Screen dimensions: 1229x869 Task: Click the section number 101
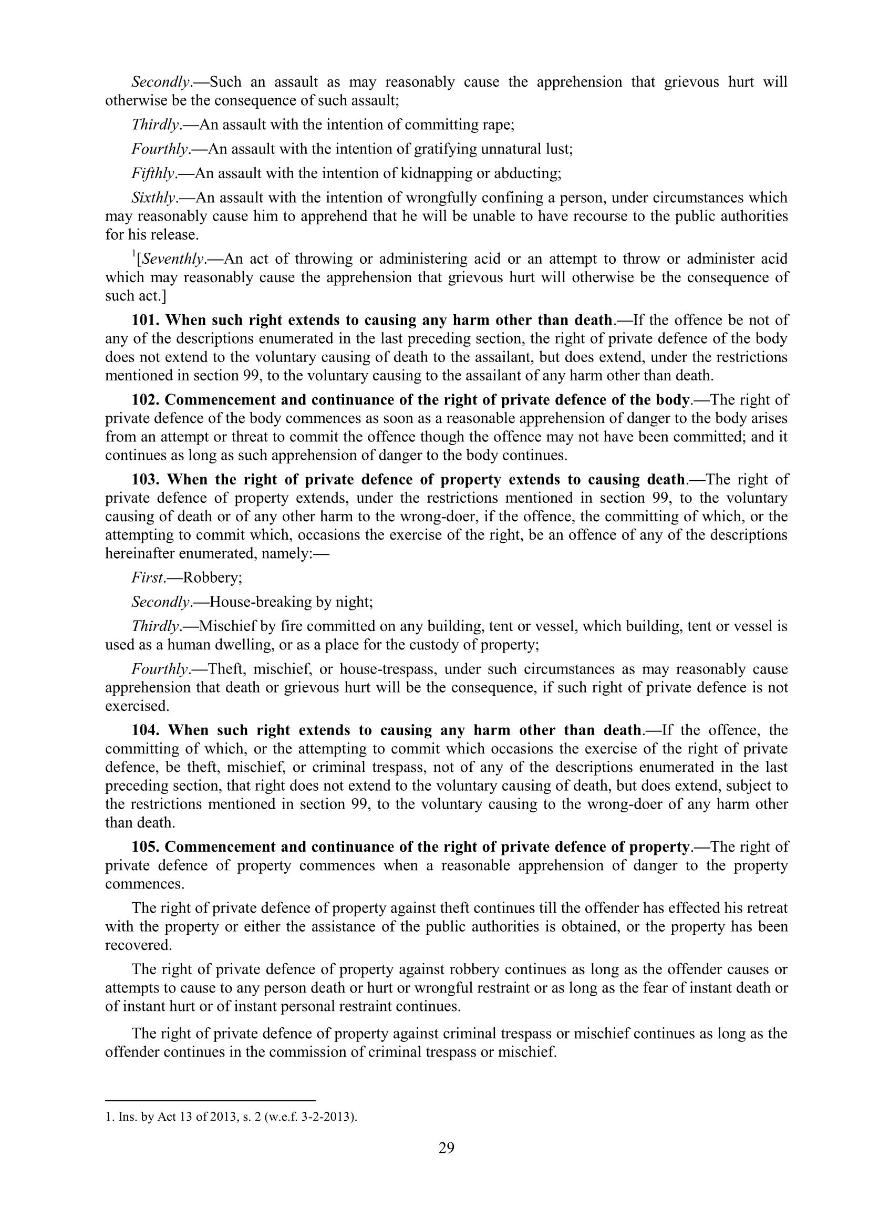click(146, 320)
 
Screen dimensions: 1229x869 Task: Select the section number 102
click(146, 400)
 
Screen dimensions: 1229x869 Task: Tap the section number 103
click(146, 480)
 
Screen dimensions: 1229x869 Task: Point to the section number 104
click(146, 731)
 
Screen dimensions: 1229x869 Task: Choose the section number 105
click(146, 848)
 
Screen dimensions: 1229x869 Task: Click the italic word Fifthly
click(153, 173)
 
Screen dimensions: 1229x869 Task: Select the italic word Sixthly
click(153, 198)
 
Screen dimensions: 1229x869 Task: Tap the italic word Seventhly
click(173, 259)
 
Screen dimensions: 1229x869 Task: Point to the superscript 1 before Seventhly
click(134, 254)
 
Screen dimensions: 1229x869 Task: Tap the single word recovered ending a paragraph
click(138, 945)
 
